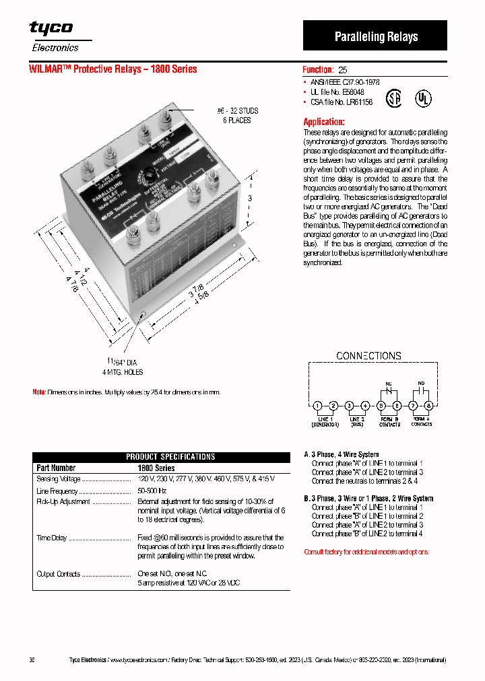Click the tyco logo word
click(x=51, y=28)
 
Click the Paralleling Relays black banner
click(x=375, y=36)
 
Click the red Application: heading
click(x=324, y=122)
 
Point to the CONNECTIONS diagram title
click(x=368, y=355)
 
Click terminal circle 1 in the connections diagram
click(x=317, y=406)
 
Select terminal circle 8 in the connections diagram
click(x=428, y=406)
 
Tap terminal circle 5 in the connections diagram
click(x=381, y=406)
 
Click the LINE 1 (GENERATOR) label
click(x=325, y=421)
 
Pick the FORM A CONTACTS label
click(x=421, y=421)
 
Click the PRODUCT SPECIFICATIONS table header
click(x=170, y=457)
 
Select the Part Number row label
click(x=56, y=468)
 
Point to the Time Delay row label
click(x=52, y=538)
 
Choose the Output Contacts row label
click(x=58, y=574)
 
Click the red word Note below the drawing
click(x=39, y=392)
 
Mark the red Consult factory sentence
click(x=366, y=552)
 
